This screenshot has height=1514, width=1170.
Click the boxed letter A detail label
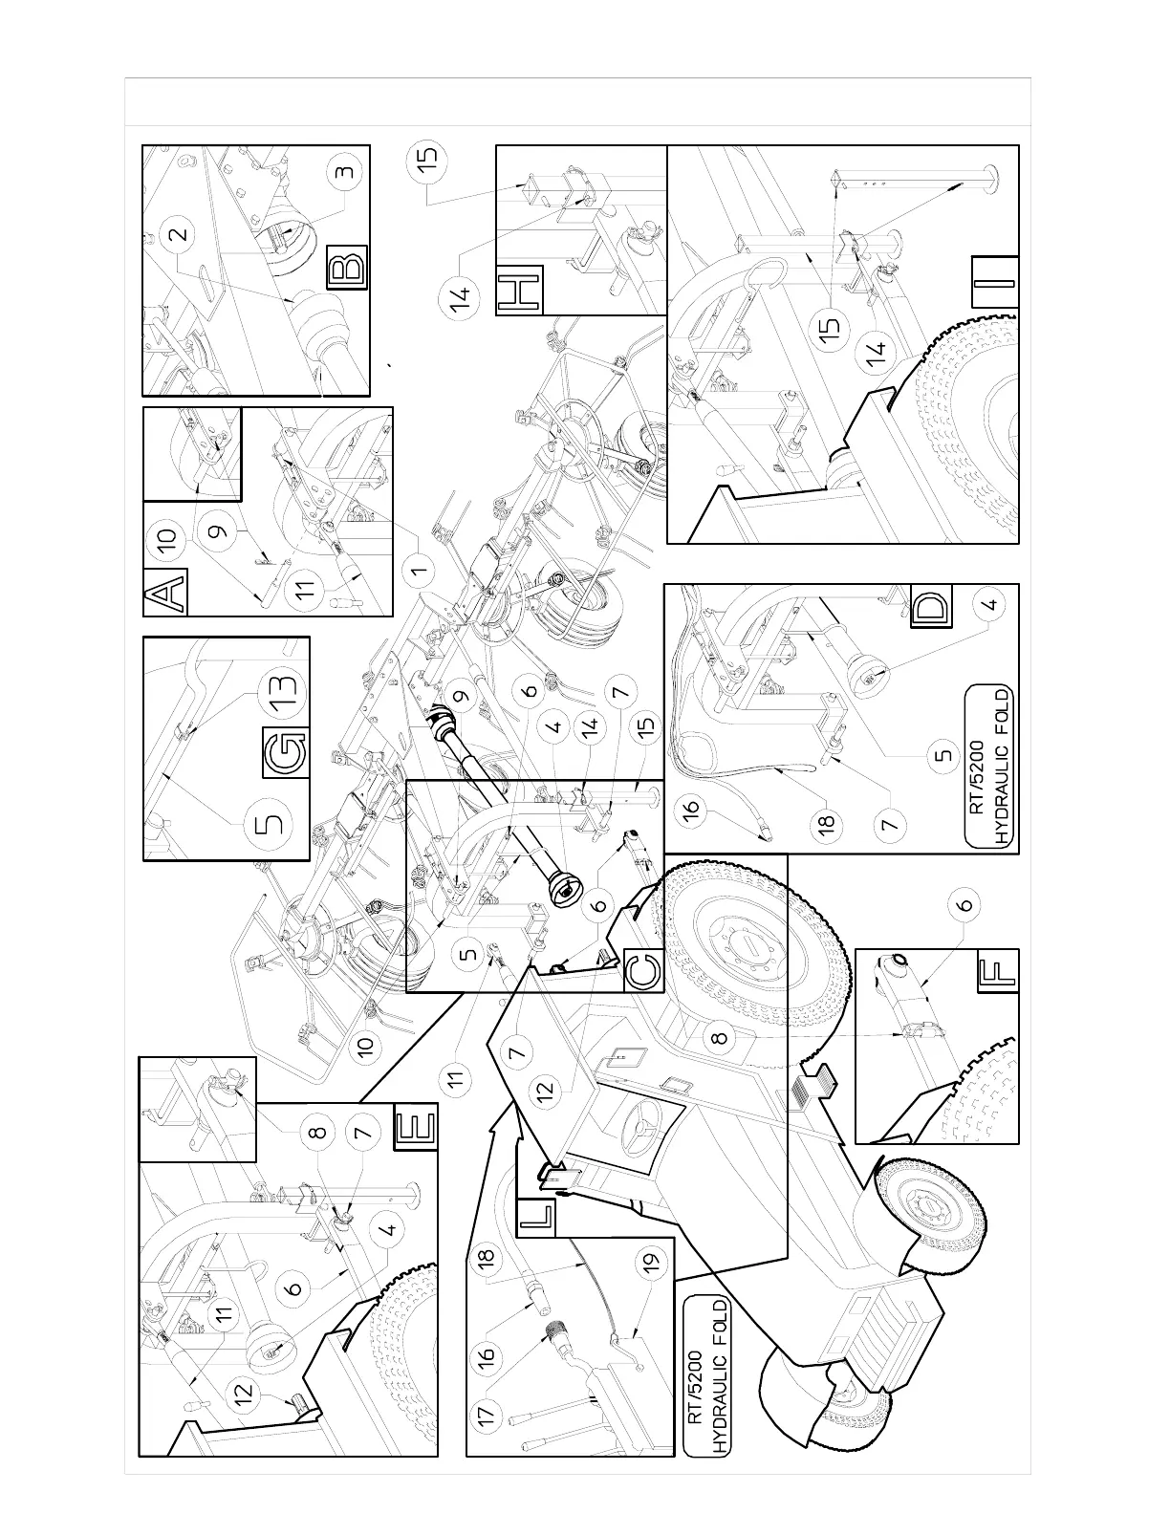click(165, 593)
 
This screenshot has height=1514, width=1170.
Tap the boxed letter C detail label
click(641, 971)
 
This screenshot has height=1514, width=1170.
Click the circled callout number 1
click(416, 574)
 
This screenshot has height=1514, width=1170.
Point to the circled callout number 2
click(181, 232)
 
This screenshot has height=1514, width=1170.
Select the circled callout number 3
click(345, 173)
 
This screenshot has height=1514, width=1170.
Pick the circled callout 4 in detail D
click(991, 604)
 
